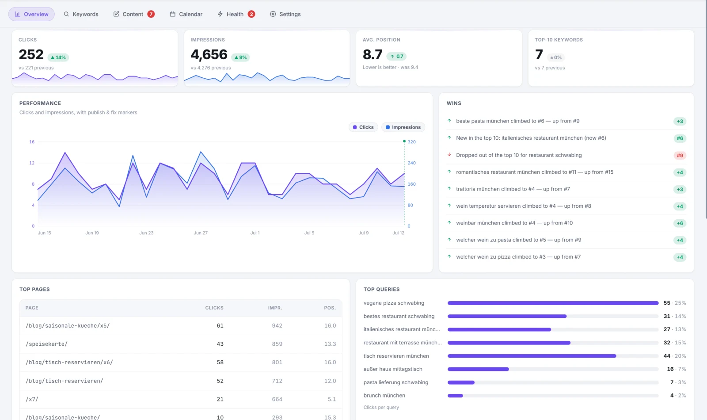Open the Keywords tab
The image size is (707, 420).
tap(81, 14)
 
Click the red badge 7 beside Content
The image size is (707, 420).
tap(151, 14)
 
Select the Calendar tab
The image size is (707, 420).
tap(186, 14)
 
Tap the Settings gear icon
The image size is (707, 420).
tap(273, 14)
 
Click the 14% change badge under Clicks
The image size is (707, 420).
tap(58, 57)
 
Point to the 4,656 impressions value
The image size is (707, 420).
tap(209, 55)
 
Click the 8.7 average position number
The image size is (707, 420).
tap(373, 55)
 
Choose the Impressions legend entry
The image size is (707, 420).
tap(403, 127)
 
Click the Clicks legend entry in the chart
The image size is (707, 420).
tap(363, 127)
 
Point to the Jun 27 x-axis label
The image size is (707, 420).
tap(201, 233)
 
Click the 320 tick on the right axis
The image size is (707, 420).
tap(411, 142)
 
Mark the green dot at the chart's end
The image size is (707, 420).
tap(404, 141)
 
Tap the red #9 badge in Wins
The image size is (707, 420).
tap(680, 155)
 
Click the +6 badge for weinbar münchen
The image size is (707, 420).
tap(680, 223)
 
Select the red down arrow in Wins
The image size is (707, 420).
tap(449, 155)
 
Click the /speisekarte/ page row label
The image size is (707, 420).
tap(46, 344)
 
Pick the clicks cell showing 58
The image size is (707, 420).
tap(220, 362)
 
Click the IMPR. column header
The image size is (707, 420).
tap(275, 308)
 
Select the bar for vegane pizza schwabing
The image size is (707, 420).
tap(553, 303)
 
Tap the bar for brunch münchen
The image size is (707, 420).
tap(455, 396)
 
